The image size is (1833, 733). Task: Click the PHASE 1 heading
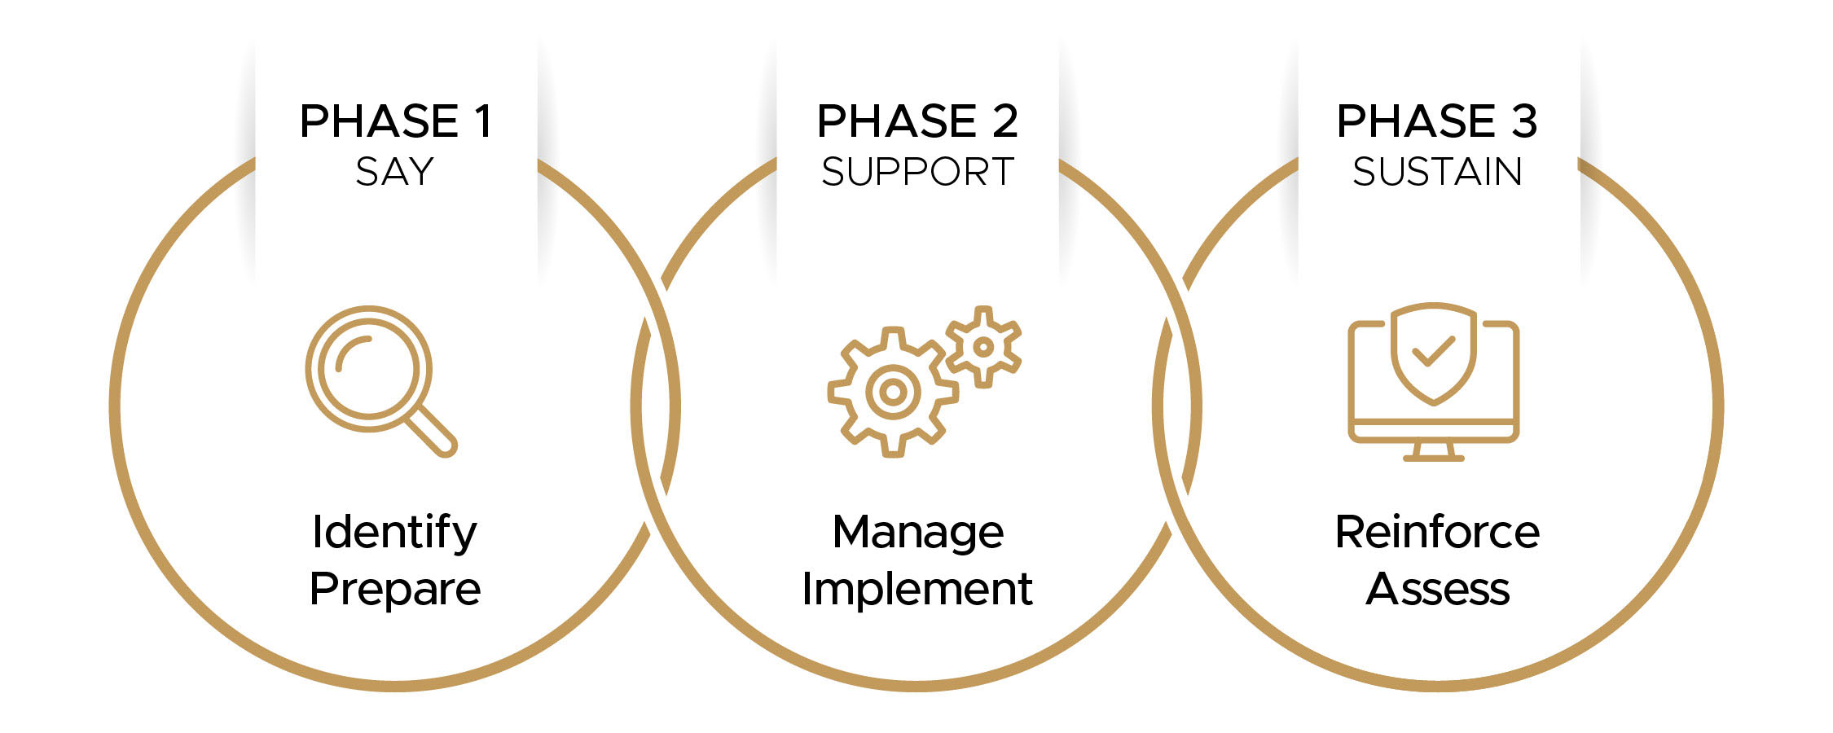(395, 122)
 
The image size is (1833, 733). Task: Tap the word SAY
(395, 172)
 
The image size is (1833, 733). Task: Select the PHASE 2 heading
(917, 122)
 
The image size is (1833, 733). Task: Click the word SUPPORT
(917, 172)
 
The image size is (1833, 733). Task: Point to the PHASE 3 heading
(1437, 122)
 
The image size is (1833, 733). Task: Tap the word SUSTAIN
(1437, 172)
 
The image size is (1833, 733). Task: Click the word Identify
(395, 533)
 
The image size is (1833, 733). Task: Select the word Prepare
(395, 590)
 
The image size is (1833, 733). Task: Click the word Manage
(917, 533)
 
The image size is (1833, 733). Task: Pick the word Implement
(917, 590)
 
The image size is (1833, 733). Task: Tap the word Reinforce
(1437, 533)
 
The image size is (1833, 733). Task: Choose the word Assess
(1437, 590)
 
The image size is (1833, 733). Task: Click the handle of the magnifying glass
(432, 432)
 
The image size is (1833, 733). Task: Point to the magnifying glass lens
(368, 368)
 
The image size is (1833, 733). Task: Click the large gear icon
(893, 392)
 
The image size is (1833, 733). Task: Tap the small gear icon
(983, 347)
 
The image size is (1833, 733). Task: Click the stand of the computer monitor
(1434, 451)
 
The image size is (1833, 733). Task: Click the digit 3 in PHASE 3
(1524, 122)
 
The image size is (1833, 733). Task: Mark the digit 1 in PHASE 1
(483, 122)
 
